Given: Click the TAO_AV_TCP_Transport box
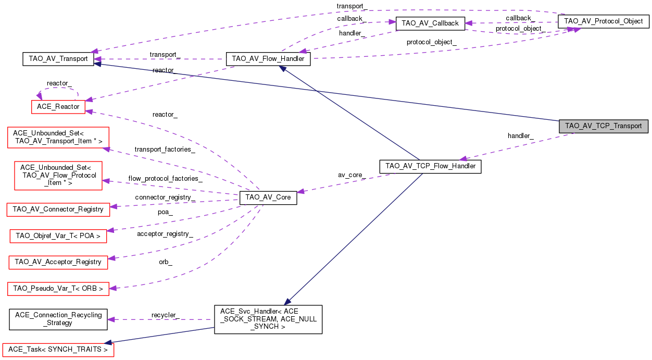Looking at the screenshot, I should point(603,126).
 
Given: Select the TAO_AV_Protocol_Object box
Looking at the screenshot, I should point(603,22).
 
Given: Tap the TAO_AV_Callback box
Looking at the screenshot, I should point(430,23).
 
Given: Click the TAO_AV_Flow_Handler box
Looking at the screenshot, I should point(268,59).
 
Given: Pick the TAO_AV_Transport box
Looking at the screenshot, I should point(58,59).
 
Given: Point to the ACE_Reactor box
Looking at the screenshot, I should point(58,106).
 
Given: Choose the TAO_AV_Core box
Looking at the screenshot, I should point(268,198).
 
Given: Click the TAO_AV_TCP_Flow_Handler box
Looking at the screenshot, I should point(430,167).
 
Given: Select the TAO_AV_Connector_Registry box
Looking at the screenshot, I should point(58,209).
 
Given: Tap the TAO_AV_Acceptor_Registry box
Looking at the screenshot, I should point(58,262).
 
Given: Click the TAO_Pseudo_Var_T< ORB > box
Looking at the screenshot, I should point(58,288).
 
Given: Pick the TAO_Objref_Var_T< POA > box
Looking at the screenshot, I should point(58,235).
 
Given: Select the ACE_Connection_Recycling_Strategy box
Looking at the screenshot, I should point(58,319).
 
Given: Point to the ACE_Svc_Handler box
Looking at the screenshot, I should point(268,319).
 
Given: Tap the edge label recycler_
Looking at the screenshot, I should point(165,315).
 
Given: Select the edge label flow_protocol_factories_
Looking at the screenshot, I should point(165,179).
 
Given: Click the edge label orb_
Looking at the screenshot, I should point(166,262).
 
